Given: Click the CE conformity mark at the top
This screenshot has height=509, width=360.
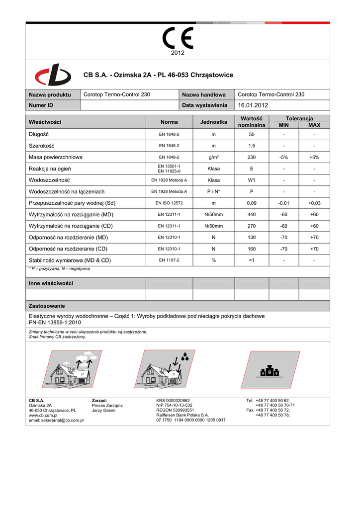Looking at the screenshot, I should coord(178,38).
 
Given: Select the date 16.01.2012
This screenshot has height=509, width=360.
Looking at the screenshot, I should coord(253,105).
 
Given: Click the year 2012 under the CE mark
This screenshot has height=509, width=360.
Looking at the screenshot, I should coord(178,53).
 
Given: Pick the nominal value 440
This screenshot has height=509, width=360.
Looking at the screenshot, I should coord(251,214).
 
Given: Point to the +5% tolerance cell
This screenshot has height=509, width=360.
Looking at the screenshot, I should coord(314,157).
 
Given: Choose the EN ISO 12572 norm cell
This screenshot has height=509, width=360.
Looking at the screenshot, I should coord(169,203).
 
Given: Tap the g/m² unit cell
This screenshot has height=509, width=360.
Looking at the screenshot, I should coord(213,157).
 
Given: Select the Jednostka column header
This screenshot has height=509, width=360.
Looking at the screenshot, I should coord(213,122).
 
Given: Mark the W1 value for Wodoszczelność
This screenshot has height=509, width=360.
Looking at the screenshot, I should coord(251,180).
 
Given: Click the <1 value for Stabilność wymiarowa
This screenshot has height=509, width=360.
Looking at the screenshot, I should coord(251,260).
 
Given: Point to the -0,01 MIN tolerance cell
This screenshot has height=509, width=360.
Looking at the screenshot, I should coord(284,203).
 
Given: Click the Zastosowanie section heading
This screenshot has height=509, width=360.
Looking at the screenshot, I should coord(47,306).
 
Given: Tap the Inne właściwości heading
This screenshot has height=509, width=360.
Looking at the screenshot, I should coord(51,283).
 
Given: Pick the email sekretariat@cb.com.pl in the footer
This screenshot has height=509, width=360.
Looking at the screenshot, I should coord(56,420).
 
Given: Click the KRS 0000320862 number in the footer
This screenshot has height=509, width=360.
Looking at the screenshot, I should coord(173,400).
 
